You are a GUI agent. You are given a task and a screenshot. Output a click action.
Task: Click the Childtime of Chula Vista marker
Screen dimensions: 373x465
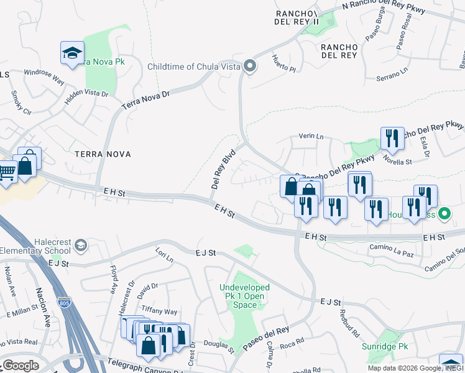click(250, 67)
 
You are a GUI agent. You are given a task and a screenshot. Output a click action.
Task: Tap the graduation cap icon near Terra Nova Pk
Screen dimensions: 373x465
click(73, 53)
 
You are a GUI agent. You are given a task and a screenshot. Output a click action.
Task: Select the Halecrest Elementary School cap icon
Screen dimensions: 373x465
click(80, 246)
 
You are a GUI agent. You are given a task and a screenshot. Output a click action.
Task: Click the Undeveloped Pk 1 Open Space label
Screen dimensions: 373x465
click(244, 296)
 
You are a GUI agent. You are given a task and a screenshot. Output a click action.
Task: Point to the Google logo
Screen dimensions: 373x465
click(20, 366)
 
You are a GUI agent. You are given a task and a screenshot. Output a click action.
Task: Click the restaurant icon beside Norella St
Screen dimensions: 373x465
click(392, 138)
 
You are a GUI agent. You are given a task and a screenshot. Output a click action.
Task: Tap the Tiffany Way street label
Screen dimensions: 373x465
click(159, 311)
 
